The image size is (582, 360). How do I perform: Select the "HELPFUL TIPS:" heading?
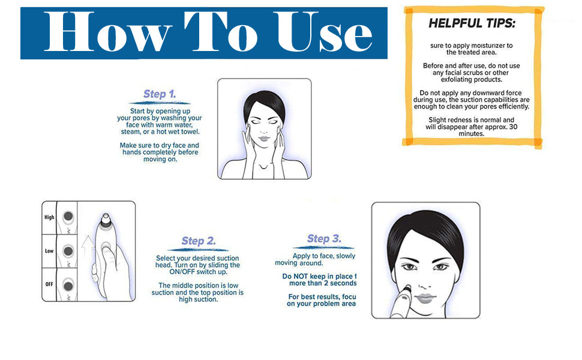point(472,24)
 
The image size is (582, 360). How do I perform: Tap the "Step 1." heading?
point(160,94)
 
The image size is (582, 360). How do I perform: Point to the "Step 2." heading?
point(198,241)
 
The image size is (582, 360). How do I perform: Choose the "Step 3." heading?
point(324,239)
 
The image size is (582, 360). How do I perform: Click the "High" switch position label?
point(49,218)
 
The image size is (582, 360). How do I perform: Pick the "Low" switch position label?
point(49,251)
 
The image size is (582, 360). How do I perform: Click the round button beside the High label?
point(68,217)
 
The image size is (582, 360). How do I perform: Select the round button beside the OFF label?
point(68,283)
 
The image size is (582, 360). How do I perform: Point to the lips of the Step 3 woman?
point(424,298)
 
